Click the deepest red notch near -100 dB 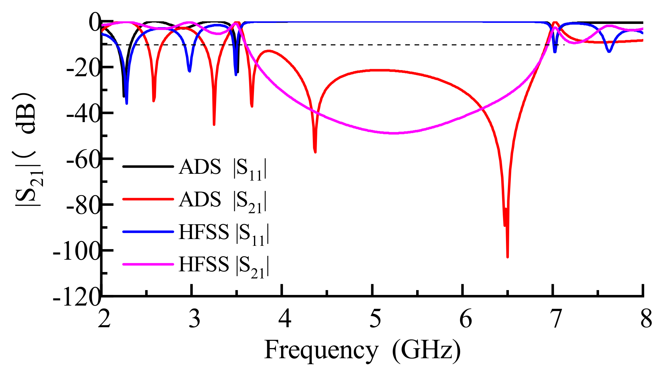[508, 256]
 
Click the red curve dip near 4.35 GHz [315, 152]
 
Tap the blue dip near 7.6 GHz [609, 51]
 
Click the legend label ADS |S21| [223, 201]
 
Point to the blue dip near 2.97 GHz [189, 71]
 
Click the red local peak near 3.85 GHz [268, 50]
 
